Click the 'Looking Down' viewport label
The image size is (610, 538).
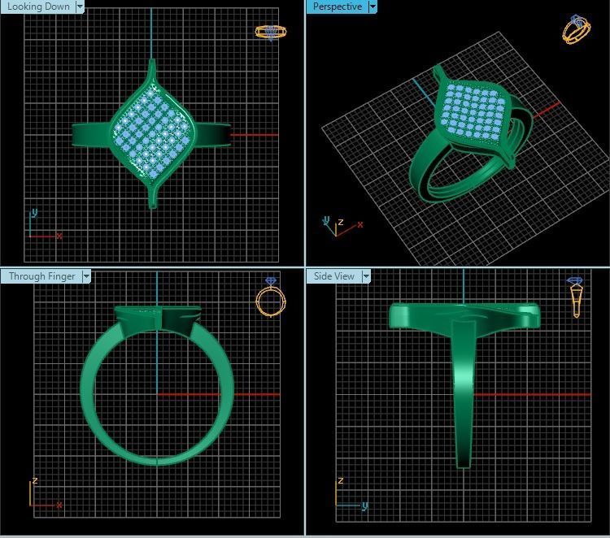click(x=38, y=7)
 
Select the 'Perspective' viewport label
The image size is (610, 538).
click(x=337, y=7)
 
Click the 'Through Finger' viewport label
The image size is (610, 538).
click(x=41, y=276)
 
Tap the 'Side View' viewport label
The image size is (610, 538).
click(x=334, y=276)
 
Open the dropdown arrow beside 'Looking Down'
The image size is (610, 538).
click(x=80, y=7)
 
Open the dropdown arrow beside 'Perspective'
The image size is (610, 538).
click(x=373, y=7)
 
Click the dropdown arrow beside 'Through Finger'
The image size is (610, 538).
click(x=86, y=276)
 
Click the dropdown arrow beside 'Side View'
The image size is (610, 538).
click(x=366, y=276)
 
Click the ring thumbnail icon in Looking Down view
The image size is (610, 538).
click(x=270, y=32)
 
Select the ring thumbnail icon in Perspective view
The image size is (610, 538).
click(x=576, y=29)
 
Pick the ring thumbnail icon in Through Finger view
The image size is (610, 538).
click(x=270, y=297)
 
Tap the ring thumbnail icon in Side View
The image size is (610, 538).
click(x=576, y=297)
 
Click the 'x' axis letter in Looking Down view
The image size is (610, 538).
click(x=59, y=236)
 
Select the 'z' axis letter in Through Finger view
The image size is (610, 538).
click(x=35, y=481)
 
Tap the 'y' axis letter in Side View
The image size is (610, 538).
click(x=365, y=505)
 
